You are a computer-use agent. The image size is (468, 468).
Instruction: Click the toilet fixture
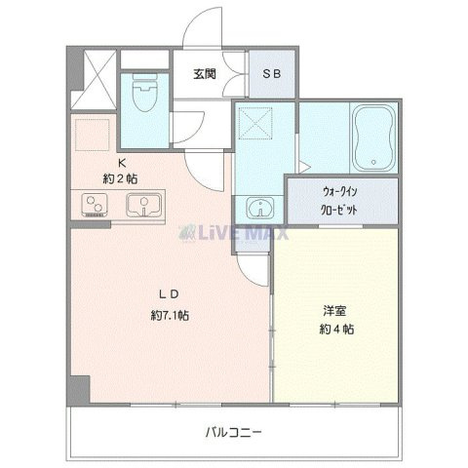145,92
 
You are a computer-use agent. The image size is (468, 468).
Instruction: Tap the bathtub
373,137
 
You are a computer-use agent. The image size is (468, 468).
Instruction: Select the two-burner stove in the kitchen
95,205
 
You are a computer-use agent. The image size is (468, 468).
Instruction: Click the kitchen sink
144,205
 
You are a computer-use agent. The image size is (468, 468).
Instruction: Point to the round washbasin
260,208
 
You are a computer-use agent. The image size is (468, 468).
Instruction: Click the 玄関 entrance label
205,74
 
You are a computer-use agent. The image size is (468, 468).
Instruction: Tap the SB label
272,74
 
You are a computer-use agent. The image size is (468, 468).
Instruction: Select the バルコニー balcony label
233,432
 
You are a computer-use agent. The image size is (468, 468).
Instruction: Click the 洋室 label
334,311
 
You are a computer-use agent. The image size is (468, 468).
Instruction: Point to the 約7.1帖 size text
170,315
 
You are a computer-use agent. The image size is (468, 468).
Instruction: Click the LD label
169,294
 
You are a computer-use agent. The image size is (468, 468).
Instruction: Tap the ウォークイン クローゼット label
339,201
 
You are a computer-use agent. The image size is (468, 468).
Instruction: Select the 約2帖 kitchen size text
120,178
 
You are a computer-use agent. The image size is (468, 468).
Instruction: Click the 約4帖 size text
336,330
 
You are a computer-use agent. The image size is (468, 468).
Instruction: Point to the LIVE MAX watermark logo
233,233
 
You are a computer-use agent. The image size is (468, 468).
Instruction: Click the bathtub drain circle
373,162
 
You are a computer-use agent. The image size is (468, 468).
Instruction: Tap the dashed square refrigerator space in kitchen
93,135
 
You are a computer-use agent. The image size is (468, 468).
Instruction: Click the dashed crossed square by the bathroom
255,124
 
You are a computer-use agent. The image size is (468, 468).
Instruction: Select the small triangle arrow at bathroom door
305,168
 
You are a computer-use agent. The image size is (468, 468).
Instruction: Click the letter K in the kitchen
122,163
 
